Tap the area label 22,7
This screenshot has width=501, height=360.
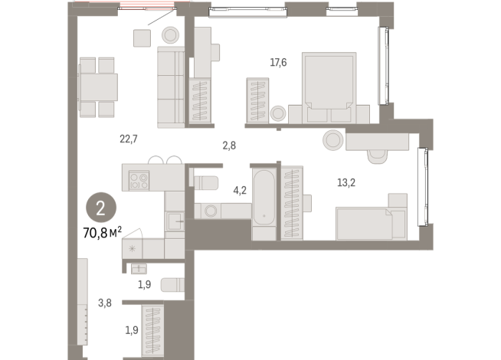(128, 139)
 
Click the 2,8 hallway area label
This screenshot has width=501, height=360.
(230, 145)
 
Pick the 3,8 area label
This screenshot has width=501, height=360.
(105, 303)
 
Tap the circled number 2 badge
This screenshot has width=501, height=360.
(97, 206)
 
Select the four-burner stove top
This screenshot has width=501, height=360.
(139, 181)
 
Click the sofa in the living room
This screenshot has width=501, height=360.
(171, 87)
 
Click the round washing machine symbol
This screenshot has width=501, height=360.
(210, 211)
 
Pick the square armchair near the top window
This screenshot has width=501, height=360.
(141, 38)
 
